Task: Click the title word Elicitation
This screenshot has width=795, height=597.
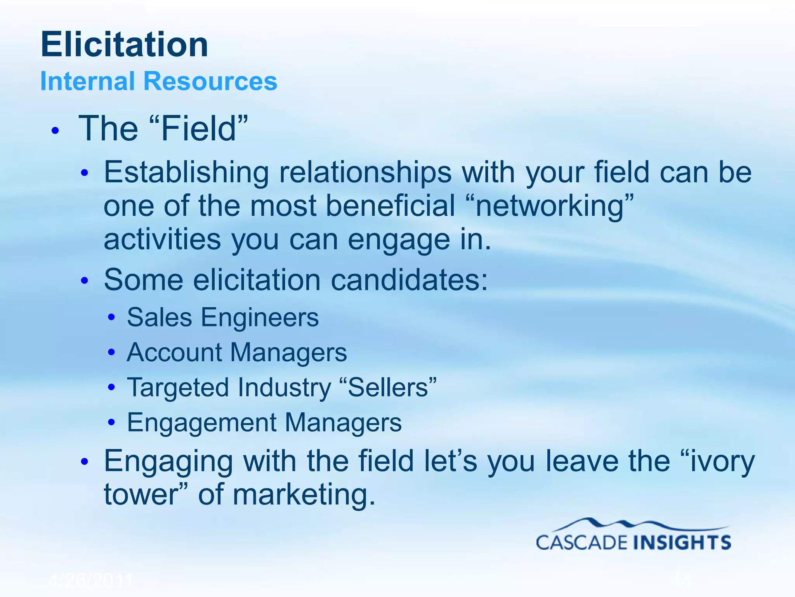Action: pos(124,45)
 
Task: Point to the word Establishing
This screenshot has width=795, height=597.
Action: pos(186,172)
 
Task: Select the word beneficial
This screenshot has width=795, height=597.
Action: pos(391,206)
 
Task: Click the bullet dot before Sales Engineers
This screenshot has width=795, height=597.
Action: pos(112,318)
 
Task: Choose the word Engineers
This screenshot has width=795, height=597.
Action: pos(260,318)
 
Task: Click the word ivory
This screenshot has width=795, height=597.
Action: pos(722,461)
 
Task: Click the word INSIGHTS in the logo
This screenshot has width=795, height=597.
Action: pos(682,542)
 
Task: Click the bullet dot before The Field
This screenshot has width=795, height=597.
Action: pos(56,131)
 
